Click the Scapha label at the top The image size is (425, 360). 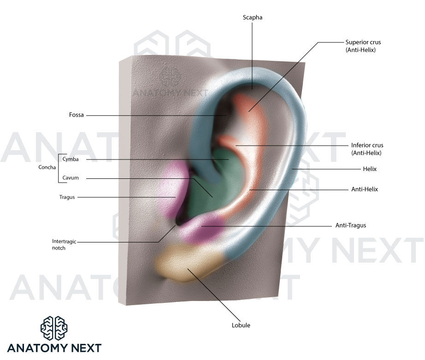[253, 18]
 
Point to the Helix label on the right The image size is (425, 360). [370, 169]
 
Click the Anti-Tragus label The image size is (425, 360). [350, 226]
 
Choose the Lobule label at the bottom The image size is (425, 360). [241, 325]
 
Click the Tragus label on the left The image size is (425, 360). [67, 197]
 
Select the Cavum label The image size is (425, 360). [71, 178]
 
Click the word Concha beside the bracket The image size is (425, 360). [47, 168]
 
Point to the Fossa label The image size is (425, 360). [77, 115]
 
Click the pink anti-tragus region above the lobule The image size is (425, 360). [203, 228]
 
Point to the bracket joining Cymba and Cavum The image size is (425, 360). [59, 168]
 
